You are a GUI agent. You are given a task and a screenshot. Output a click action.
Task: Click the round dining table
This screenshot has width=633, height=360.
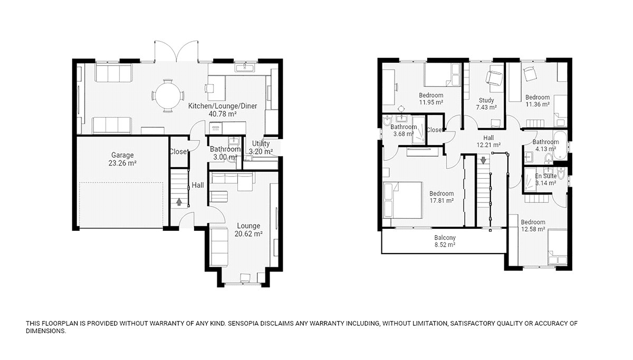[168, 95]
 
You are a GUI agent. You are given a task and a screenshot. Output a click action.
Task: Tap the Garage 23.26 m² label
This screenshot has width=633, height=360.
[122, 159]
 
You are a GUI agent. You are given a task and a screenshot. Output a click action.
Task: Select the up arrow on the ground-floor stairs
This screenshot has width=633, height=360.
[179, 202]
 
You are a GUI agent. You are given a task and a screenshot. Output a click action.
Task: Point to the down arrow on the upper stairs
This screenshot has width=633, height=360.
[483, 160]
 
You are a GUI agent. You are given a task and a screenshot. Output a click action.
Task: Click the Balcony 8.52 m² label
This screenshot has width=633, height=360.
[445, 241]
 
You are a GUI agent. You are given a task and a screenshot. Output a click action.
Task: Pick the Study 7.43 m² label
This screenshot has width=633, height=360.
[486, 104]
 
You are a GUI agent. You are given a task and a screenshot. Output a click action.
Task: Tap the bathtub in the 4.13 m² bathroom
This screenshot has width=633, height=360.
[560, 145]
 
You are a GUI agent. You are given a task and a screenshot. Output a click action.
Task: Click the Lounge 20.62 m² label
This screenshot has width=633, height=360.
[248, 230]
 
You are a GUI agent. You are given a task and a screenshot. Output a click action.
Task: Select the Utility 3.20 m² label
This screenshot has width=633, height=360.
[261, 148]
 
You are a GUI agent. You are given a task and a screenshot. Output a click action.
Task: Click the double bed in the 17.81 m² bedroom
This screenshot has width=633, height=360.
[403, 200]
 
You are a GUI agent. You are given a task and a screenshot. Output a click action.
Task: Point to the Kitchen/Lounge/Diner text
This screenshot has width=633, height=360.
[223, 106]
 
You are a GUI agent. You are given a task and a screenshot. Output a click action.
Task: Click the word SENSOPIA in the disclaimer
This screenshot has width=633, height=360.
[244, 323]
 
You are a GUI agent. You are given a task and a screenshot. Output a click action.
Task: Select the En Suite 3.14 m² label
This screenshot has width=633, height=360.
[545, 180]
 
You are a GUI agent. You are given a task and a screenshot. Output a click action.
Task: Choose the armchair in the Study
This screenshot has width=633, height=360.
[494, 77]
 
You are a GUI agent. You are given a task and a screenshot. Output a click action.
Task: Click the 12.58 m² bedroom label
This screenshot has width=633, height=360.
[533, 226]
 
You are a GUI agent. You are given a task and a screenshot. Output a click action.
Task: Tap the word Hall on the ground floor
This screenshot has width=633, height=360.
[198, 185]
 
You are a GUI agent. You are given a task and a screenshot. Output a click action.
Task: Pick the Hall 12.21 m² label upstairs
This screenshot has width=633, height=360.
[488, 141]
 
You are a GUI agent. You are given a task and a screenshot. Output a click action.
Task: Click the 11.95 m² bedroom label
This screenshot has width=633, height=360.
[431, 99]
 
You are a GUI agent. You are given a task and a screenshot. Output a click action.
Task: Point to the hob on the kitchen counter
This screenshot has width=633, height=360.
[216, 128]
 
